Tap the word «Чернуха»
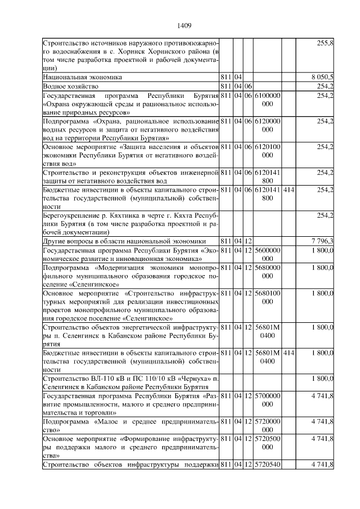point(195,378)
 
